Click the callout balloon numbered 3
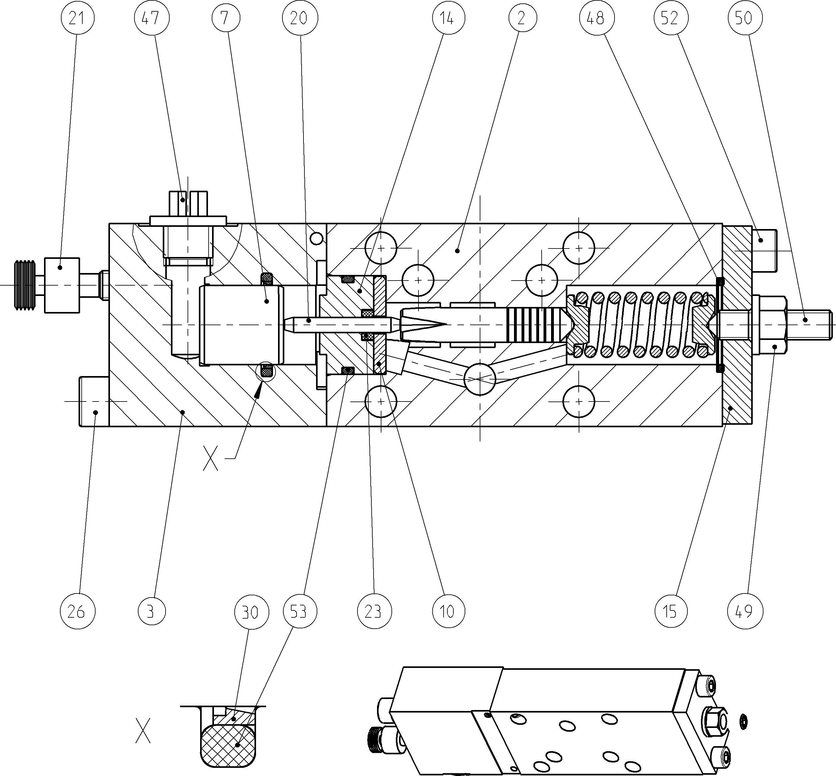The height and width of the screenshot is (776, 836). click(x=151, y=611)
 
